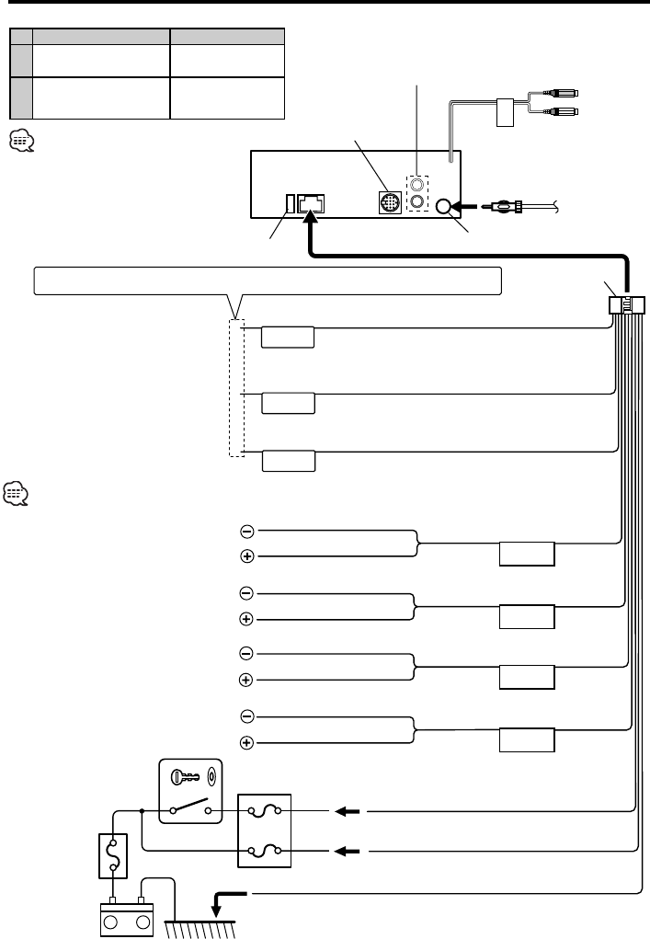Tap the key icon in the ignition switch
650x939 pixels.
pos(184,774)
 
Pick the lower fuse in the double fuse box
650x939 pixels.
pos(264,851)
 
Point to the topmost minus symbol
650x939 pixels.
pos(246,532)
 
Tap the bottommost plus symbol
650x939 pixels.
pos(246,742)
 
